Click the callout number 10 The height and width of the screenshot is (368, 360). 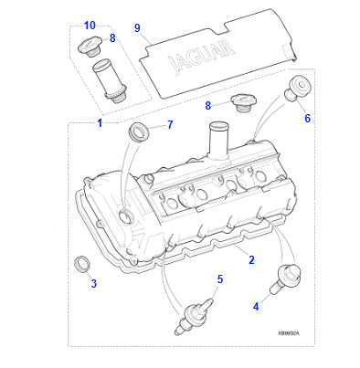coord(90,25)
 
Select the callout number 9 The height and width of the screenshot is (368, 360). coord(137,28)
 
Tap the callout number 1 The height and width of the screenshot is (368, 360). coord(101,122)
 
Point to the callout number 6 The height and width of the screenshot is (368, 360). coord(307,118)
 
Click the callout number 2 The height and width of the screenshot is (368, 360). coord(251,260)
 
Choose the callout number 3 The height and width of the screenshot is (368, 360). coord(92,283)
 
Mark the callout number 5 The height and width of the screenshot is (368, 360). coord(219,279)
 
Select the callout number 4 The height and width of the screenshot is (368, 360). coord(255,307)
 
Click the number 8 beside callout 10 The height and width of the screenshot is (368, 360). coord(112,38)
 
